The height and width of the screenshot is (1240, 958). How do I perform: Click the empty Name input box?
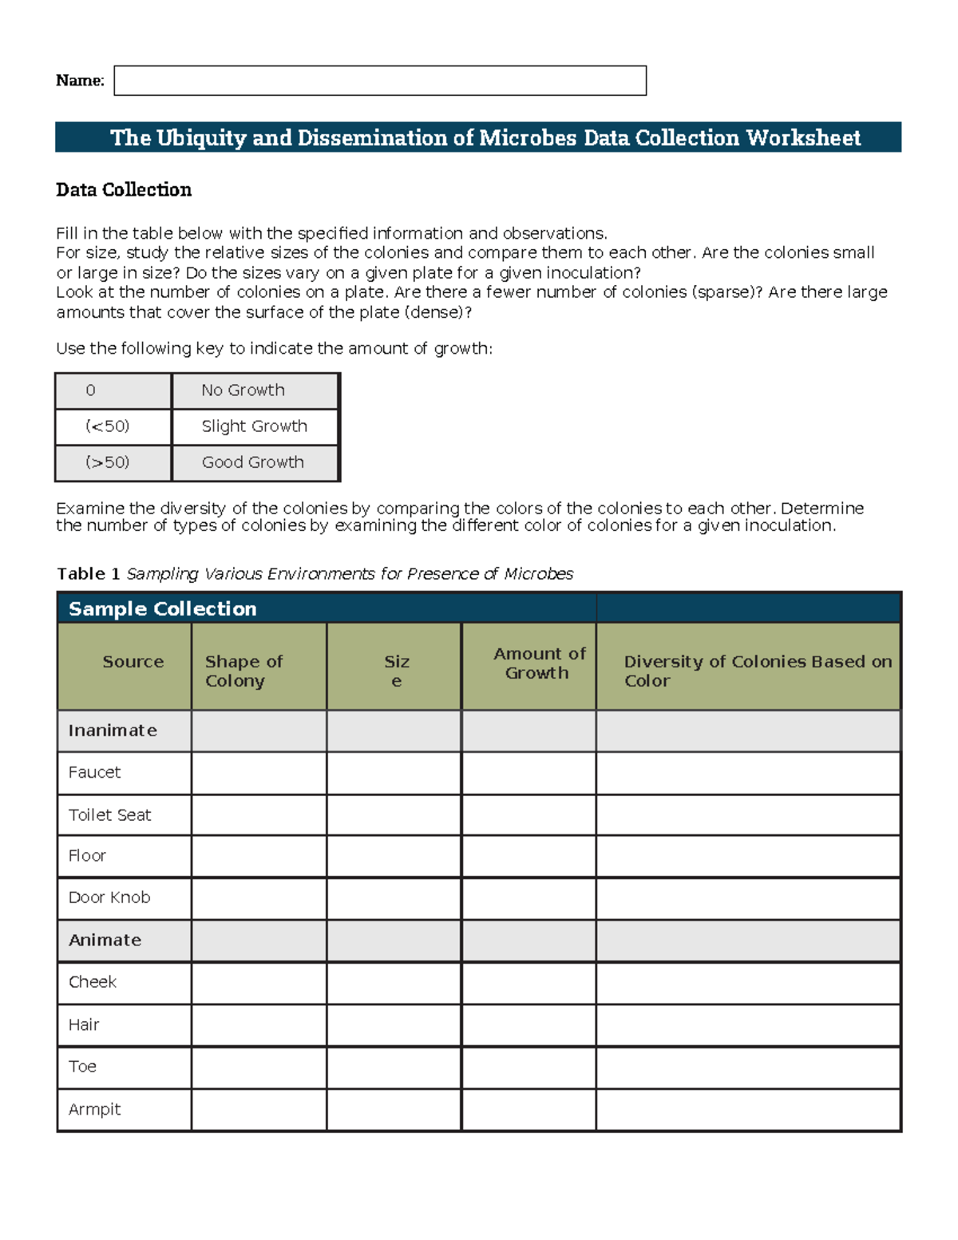point(380,81)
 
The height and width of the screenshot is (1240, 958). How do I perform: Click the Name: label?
point(80,81)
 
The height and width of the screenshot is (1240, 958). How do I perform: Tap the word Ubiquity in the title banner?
point(201,138)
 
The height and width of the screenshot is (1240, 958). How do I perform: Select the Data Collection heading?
point(124,190)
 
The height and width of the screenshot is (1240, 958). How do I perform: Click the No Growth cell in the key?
point(255,390)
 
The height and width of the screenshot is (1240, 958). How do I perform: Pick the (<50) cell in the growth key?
point(113,426)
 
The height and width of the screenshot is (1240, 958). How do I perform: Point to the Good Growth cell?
point(255,462)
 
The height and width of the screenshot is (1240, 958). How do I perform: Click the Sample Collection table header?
point(163,609)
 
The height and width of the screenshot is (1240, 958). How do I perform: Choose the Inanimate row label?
point(113,731)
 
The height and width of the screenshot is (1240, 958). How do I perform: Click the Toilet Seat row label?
point(110,815)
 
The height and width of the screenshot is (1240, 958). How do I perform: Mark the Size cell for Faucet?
point(394,773)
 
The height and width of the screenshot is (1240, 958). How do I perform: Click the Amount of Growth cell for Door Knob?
point(528,898)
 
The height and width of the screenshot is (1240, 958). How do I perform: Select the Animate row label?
point(105,941)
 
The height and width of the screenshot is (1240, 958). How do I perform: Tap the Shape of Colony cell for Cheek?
point(259,983)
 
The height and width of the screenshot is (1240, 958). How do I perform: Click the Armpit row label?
point(94,1110)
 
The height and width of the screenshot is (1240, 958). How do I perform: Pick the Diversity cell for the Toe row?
point(748,1068)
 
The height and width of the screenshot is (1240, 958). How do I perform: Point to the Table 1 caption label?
point(88,574)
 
